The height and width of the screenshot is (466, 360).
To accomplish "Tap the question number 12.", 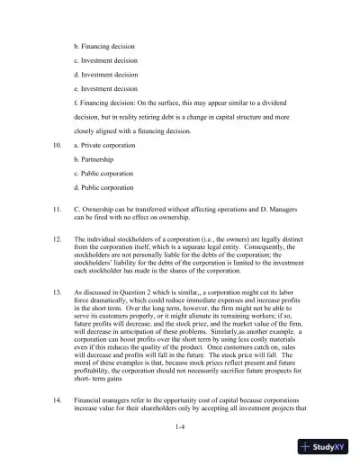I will click(x=58, y=243).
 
